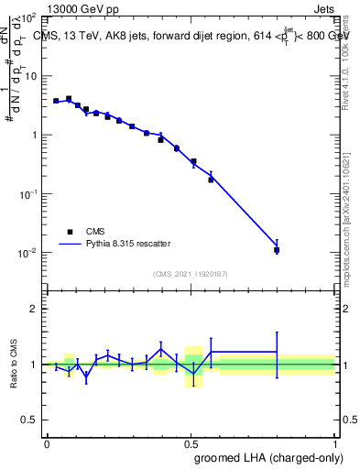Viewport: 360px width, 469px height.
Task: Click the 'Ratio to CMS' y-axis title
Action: (14, 365)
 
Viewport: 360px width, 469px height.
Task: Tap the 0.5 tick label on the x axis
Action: (191, 442)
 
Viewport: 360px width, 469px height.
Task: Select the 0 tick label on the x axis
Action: (47, 442)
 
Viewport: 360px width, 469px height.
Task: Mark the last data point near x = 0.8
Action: (277, 249)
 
